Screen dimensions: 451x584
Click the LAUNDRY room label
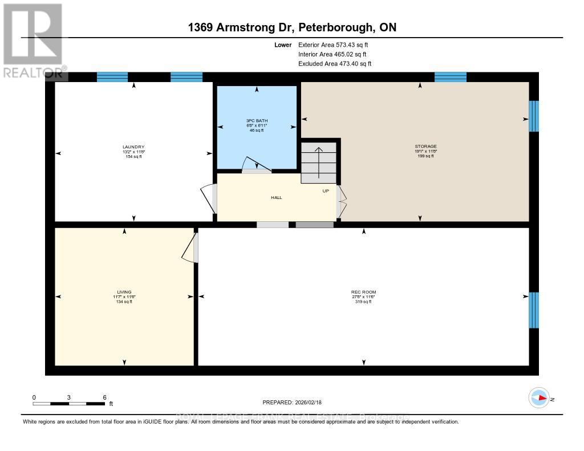[x=133, y=147]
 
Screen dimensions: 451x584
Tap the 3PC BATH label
[x=257, y=121]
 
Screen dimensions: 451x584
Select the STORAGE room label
[x=425, y=147]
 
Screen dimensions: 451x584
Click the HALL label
[x=277, y=198]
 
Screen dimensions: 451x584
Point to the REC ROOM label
[x=363, y=292]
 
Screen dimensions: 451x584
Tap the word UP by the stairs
[x=326, y=191]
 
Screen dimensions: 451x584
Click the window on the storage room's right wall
[x=534, y=116]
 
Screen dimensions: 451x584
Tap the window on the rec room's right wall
[x=534, y=310]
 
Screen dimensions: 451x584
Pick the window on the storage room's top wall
[x=451, y=77]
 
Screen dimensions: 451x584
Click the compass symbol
[x=538, y=397]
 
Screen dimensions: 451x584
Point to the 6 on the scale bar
[x=104, y=397]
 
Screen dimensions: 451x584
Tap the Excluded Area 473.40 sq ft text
[x=335, y=64]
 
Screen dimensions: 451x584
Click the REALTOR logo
[x=33, y=40]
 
